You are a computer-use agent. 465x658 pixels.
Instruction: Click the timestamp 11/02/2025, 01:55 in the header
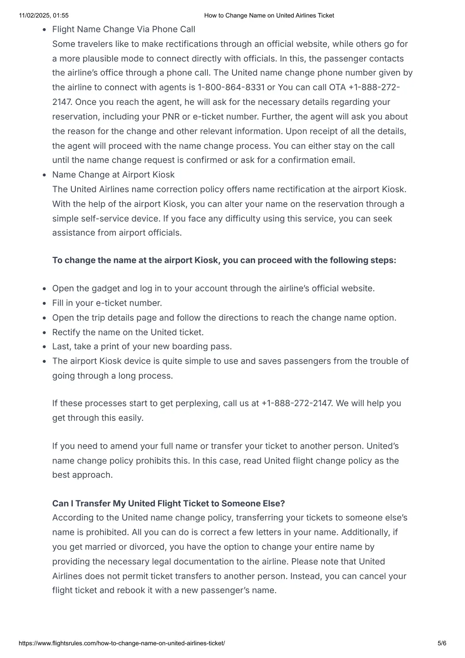click(44, 15)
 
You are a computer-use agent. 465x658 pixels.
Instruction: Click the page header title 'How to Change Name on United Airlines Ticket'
click(269, 15)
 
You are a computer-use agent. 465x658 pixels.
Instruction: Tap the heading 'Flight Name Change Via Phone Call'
click(124, 29)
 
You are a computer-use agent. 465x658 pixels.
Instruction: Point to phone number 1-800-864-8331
click(231, 87)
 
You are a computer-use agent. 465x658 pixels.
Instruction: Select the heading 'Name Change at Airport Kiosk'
click(113, 175)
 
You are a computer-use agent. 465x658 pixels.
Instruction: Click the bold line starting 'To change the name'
click(224, 260)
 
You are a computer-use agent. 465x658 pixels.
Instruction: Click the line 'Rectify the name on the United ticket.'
click(128, 332)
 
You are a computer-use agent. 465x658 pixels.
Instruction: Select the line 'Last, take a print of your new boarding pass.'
click(142, 346)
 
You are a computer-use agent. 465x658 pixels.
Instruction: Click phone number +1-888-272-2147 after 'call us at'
click(297, 403)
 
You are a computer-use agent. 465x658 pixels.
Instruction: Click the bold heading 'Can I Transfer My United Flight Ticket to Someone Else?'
click(168, 504)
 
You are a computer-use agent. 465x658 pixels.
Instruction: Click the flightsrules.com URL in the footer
click(122, 643)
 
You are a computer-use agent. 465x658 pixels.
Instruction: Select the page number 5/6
click(442, 643)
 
